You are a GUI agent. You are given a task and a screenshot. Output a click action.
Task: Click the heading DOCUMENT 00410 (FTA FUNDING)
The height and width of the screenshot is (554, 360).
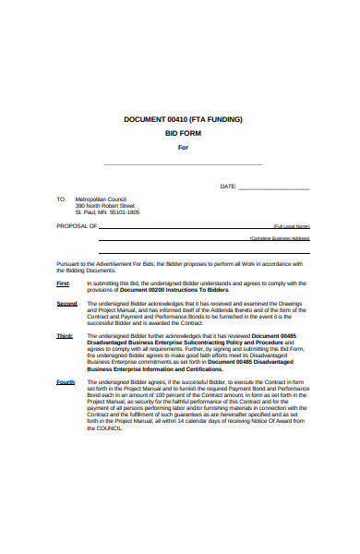182,120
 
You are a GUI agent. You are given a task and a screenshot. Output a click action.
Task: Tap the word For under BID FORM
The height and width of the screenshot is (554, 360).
183,148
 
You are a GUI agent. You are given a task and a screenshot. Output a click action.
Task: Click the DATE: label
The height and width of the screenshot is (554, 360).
228,186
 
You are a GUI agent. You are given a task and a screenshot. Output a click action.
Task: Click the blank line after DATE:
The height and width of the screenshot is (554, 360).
274,187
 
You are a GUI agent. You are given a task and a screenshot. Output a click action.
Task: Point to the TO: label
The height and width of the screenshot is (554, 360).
61,199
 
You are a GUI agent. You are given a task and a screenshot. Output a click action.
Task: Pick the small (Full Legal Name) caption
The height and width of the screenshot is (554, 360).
291,226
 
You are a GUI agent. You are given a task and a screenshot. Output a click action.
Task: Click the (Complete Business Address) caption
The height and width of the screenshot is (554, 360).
279,238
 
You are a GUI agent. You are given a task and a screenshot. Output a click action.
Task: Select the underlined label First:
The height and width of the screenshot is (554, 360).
63,283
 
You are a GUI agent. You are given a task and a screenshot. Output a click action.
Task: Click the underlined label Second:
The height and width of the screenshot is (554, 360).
66,304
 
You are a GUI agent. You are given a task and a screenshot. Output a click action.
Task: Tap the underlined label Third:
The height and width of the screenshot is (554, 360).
65,336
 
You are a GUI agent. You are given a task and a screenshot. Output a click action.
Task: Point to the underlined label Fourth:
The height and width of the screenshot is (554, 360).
66,381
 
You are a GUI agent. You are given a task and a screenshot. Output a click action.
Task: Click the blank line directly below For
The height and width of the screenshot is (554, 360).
183,163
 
